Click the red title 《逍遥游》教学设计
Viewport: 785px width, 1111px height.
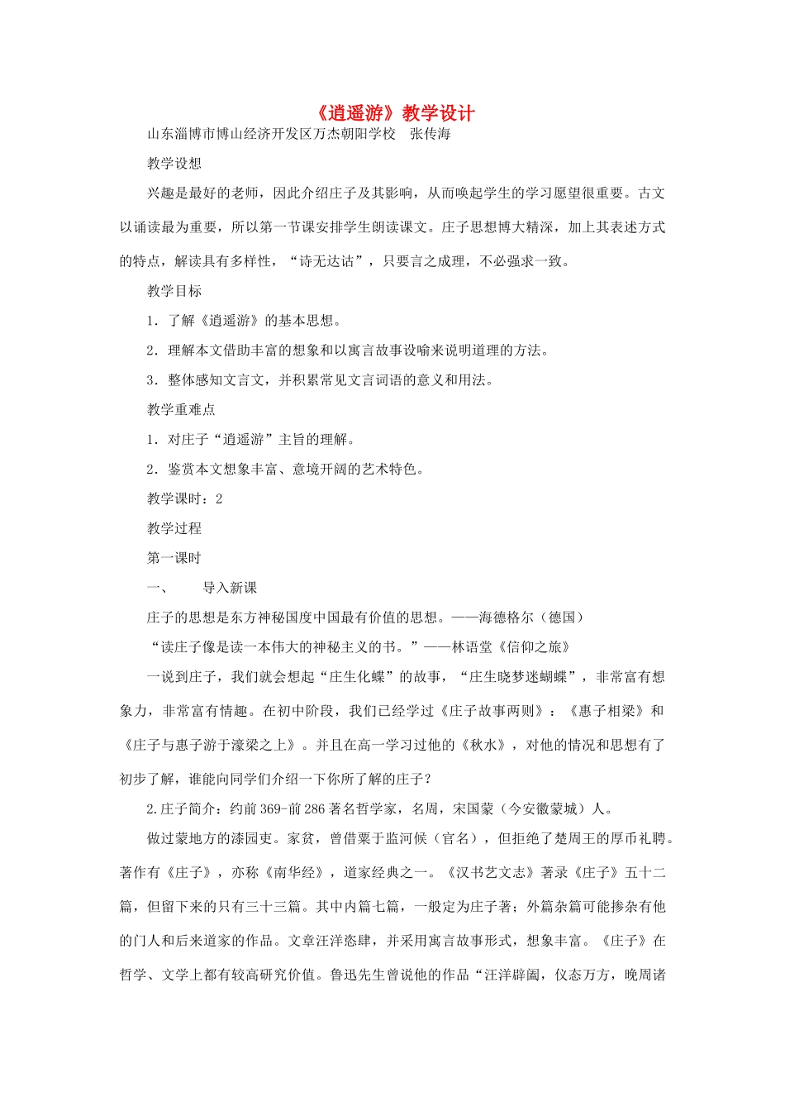pos(392,113)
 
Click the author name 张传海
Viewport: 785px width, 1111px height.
pos(431,134)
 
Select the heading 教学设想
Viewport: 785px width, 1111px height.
pos(174,164)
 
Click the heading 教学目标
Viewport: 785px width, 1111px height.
pos(174,291)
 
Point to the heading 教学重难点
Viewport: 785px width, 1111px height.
pos(181,410)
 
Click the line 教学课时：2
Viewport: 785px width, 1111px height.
pos(184,498)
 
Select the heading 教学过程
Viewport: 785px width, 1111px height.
pos(174,528)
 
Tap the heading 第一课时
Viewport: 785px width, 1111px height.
pos(174,558)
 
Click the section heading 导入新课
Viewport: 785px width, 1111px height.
pos(230,588)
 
